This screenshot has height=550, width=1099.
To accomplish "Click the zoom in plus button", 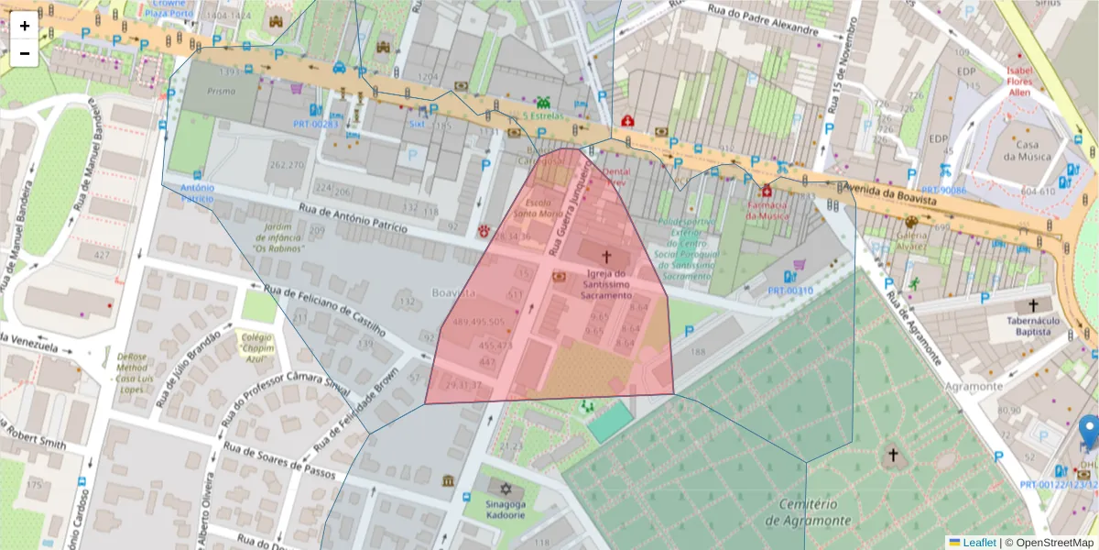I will coord(25,26).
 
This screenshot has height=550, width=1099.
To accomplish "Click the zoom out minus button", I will coord(25,53).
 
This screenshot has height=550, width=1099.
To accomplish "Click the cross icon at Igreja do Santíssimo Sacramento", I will coord(605,258).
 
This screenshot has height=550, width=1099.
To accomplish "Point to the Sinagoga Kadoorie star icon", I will coord(501,487).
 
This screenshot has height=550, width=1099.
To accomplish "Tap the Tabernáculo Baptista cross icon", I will coord(1033,305).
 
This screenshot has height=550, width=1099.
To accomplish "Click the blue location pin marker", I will coord(1089,430).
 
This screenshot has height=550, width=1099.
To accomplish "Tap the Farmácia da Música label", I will coord(766,210).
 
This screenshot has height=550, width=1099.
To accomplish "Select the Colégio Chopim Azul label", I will coord(258,343).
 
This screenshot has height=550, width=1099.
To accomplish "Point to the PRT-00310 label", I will coord(789,291).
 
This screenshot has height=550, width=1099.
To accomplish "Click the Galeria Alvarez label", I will coord(910,240).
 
